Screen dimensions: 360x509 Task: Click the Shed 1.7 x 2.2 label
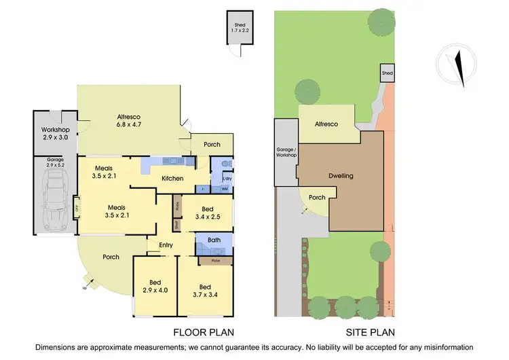click(237, 26)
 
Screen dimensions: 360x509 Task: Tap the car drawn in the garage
click(55, 198)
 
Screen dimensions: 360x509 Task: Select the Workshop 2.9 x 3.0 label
click(55, 133)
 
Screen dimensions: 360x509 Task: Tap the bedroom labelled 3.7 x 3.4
click(204, 290)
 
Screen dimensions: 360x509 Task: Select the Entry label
click(166, 245)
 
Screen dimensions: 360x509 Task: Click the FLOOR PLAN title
click(203, 333)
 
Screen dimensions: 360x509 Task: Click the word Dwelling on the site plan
click(341, 175)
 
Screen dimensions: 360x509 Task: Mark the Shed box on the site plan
click(387, 73)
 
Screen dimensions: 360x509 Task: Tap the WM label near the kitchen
click(224, 190)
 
